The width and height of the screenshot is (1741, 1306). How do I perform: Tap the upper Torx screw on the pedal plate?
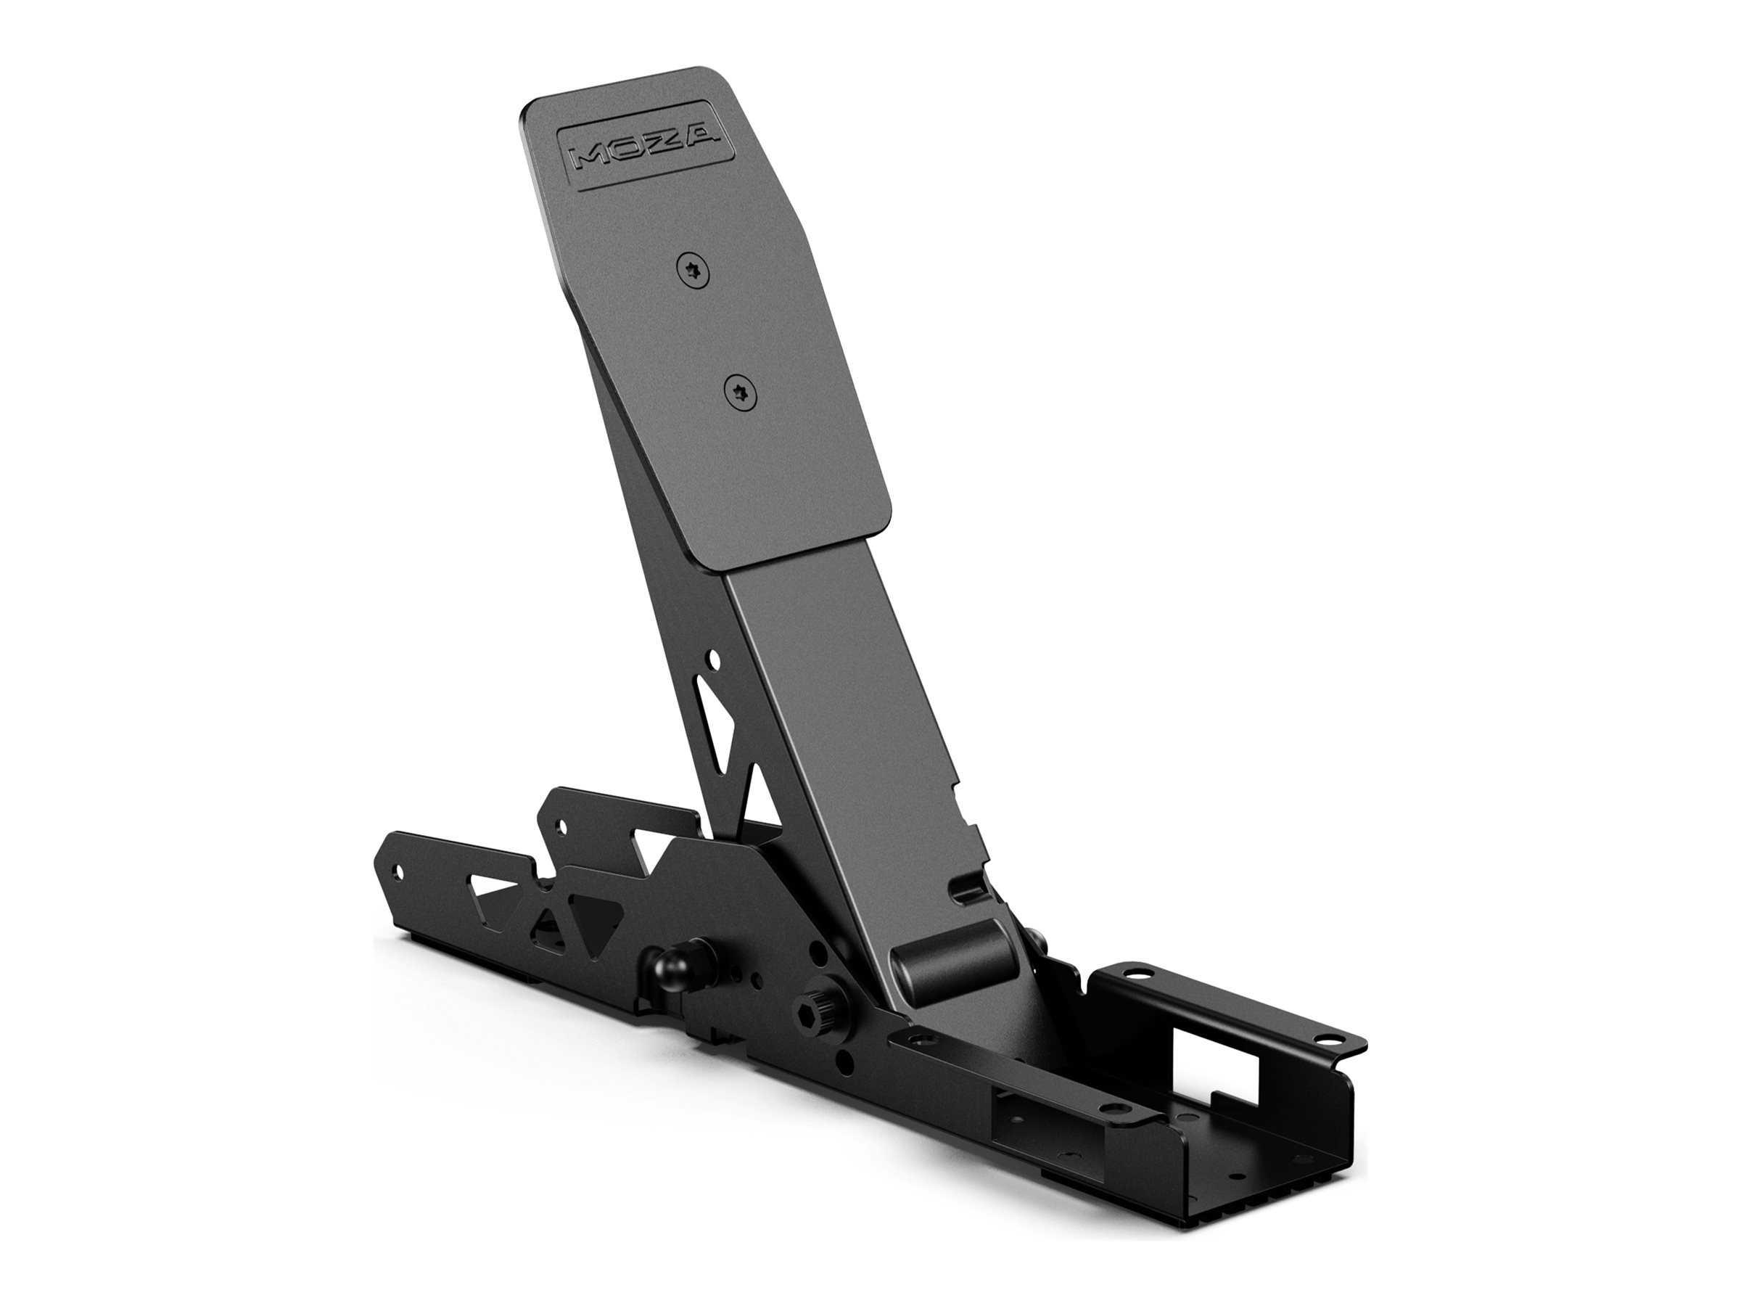coord(693,271)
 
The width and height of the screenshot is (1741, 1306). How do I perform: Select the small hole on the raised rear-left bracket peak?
coord(561,826)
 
